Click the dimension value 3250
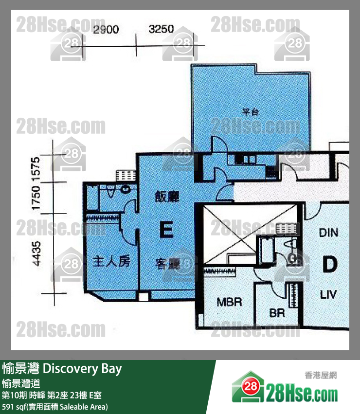(x=161, y=29)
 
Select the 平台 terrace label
(x=250, y=111)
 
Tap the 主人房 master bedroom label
(x=111, y=262)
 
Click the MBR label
(x=229, y=302)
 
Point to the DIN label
(x=329, y=233)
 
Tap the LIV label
(x=329, y=295)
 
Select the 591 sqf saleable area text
(x=54, y=406)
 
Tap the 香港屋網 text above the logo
(x=321, y=375)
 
